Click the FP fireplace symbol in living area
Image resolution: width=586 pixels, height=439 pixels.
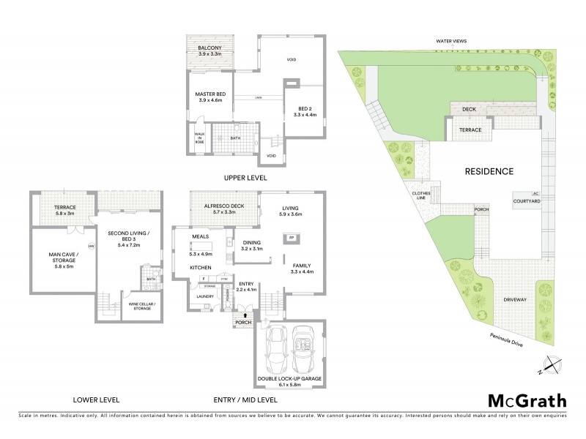(291, 238)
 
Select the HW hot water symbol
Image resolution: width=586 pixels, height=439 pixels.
(91, 247)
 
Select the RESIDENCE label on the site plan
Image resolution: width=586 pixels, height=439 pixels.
(489, 171)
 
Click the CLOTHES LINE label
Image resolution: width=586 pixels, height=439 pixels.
(423, 196)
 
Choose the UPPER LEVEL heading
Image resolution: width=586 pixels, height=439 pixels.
(247, 178)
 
